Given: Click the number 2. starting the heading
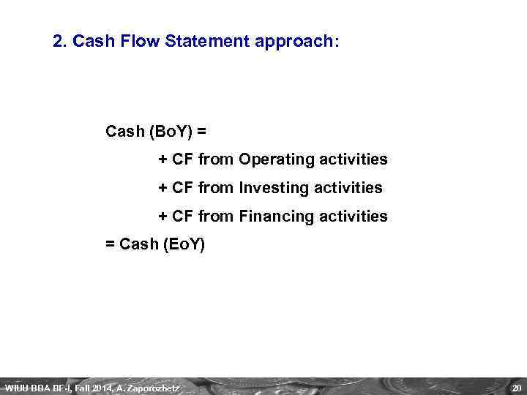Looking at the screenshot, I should click(x=60, y=42).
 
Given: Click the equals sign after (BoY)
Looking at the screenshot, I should click(x=201, y=132).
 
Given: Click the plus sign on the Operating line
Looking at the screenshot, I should click(x=163, y=159).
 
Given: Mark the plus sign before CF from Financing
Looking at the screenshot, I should click(x=163, y=217).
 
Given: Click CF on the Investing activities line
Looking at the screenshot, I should click(x=182, y=188).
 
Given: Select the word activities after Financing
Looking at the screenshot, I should click(x=357, y=217).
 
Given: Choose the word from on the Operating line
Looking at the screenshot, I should click(x=215, y=159).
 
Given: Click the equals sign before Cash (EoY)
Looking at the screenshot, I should click(x=111, y=244).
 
